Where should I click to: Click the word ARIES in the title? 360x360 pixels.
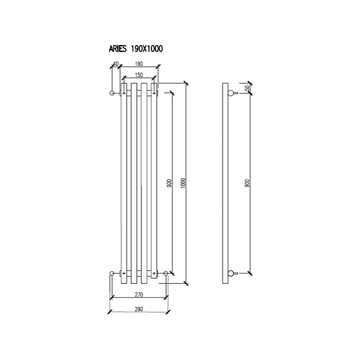117,49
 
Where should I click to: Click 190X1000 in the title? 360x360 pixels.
147,49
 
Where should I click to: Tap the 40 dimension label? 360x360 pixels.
116,63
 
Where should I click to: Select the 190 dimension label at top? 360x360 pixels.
139,63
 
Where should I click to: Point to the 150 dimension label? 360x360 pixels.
139,75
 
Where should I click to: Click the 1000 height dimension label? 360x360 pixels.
183,183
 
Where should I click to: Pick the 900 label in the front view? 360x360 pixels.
169,183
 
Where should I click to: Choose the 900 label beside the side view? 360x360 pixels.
247,183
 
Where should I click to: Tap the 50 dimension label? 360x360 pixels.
247,88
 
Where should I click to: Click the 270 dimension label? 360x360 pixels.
139,294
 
